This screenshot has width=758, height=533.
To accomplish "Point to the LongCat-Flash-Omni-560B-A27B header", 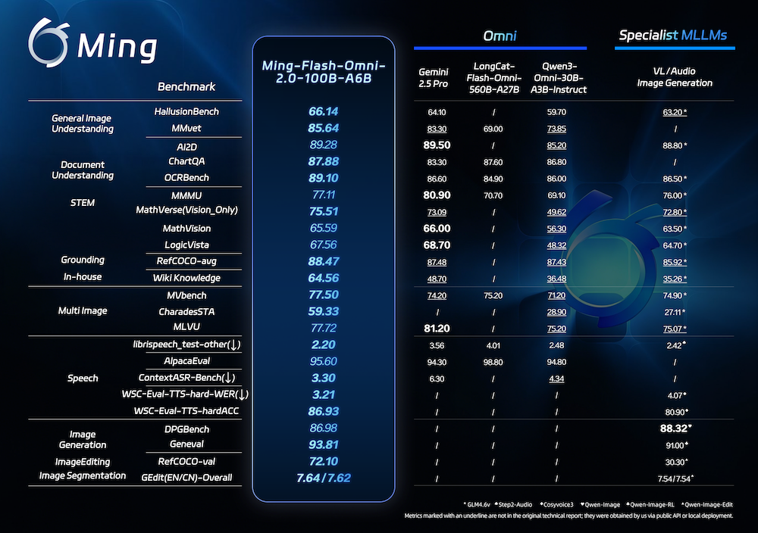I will [494, 77].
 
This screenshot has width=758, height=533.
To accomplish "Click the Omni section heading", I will [500, 36].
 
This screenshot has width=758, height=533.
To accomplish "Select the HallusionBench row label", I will [186, 112].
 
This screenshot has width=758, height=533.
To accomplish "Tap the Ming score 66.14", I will [324, 112].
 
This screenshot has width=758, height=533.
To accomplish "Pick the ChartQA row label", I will [186, 161].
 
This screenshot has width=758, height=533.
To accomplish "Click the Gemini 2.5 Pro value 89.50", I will [437, 145].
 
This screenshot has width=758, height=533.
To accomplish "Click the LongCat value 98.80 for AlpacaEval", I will [493, 362].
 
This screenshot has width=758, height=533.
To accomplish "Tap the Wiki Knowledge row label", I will [186, 278].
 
